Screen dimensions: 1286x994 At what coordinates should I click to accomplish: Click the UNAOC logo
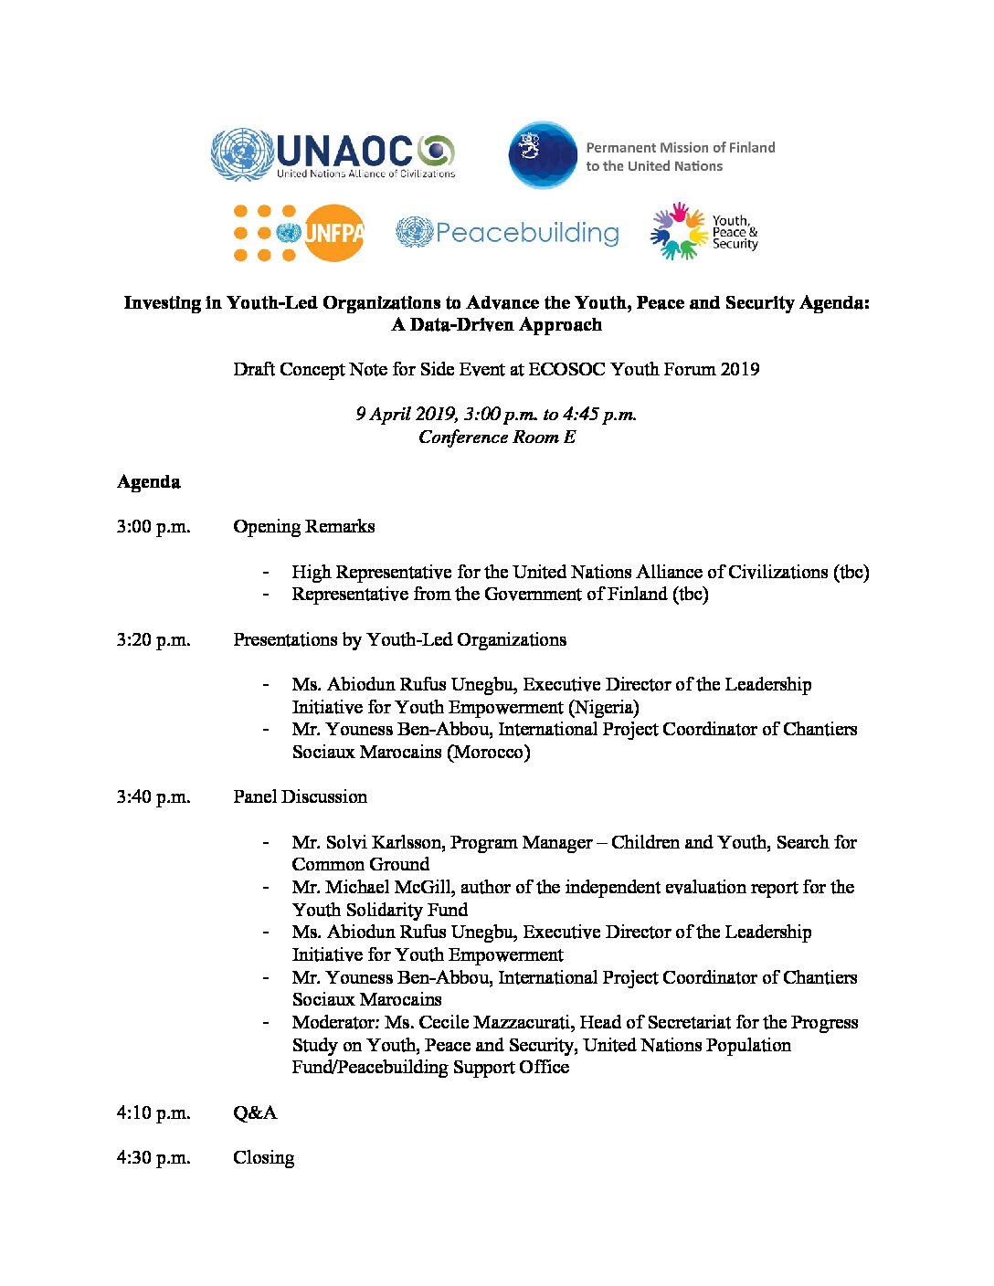333,154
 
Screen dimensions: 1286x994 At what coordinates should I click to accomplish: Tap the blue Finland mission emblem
543,155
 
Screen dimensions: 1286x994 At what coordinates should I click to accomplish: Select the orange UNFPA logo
299,233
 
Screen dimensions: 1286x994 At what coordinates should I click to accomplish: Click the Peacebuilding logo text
526,233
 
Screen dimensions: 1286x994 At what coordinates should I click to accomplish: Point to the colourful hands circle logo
679,232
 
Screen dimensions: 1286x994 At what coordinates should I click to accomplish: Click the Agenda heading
149,482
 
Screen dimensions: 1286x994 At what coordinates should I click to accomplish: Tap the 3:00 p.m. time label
153,527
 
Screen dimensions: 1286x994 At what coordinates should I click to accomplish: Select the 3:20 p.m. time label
153,640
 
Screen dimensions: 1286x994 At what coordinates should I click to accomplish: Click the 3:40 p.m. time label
153,797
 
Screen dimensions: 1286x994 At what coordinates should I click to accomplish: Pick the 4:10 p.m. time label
153,1113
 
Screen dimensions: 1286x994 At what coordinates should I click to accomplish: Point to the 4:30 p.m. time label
153,1158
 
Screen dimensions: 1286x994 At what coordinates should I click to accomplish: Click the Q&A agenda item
255,1113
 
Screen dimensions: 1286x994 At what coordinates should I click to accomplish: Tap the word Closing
264,1158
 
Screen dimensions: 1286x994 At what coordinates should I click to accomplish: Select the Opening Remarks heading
304,527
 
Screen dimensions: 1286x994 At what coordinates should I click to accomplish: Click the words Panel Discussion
301,797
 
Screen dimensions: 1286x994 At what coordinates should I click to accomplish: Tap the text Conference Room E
497,437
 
